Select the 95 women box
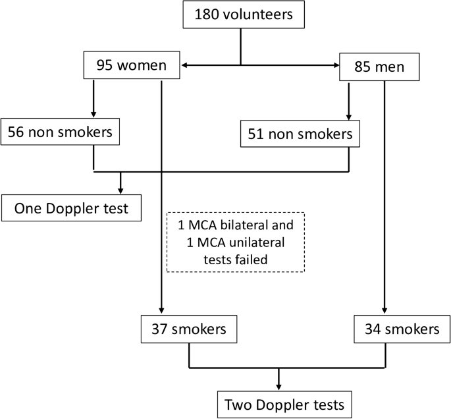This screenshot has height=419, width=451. (132, 66)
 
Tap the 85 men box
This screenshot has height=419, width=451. (380, 66)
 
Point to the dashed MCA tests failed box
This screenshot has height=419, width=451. (236, 242)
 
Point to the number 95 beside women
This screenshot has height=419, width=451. (106, 66)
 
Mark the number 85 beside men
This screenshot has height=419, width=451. (361, 66)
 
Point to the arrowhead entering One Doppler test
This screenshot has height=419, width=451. (120, 190)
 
